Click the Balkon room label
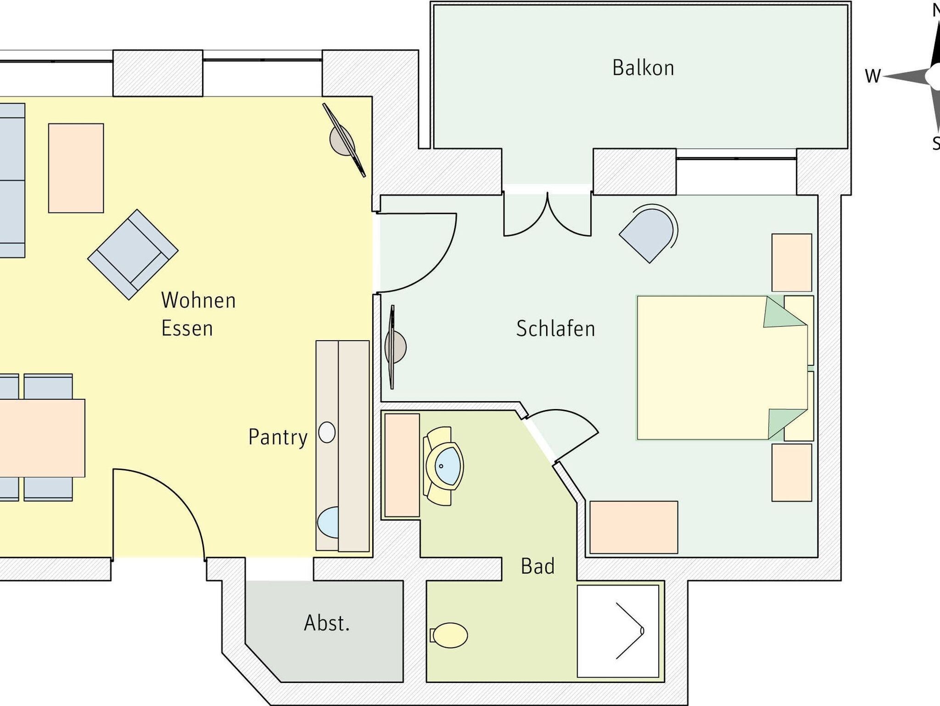(643, 68)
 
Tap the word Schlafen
(555, 329)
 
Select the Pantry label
(278, 437)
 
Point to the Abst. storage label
(327, 623)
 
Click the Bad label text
(537, 566)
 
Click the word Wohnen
(198, 300)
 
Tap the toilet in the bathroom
(449, 635)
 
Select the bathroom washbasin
(443, 466)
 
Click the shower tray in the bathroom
(618, 631)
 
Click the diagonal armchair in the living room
(133, 255)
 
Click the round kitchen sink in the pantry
(327, 432)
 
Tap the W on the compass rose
(873, 76)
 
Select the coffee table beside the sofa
(76, 168)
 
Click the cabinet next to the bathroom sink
(402, 465)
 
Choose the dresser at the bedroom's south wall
(633, 527)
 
